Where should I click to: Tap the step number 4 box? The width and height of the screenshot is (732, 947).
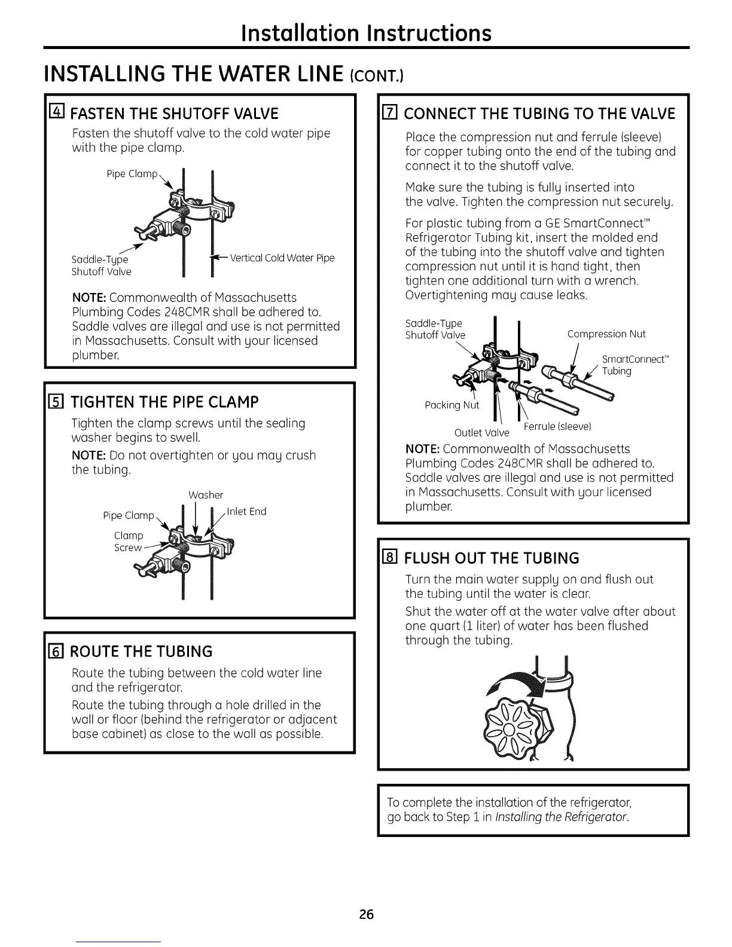(58, 113)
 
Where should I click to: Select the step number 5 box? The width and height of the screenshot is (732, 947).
(58, 401)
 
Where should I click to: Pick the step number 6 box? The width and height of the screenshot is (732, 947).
(58, 651)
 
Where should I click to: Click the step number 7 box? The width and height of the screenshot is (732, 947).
(392, 113)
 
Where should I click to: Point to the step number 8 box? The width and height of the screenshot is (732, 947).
(392, 558)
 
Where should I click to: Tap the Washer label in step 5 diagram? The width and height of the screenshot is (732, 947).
(206, 495)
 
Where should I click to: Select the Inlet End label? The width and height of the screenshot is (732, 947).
(247, 511)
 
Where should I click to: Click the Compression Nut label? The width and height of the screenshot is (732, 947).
(606, 334)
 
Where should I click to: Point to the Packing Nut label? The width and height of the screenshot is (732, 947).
(452, 406)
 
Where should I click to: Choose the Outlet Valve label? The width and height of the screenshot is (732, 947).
(481, 432)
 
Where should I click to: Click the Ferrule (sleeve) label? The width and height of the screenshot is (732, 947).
(557, 426)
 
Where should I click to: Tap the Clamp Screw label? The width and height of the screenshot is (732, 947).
(129, 541)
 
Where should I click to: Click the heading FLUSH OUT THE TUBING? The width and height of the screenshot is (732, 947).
(492, 558)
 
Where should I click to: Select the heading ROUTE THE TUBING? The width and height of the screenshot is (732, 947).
(142, 651)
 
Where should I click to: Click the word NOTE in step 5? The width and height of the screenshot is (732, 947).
(89, 455)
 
